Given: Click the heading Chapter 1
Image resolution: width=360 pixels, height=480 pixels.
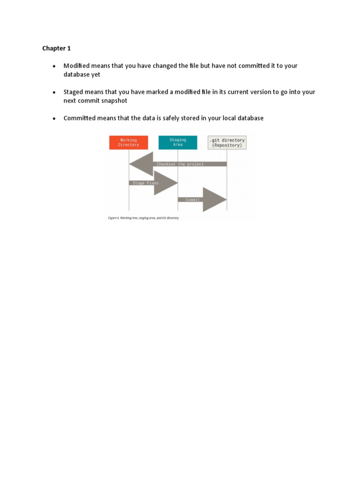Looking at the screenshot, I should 56,48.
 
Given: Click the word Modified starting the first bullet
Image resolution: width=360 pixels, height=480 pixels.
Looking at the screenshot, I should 76,66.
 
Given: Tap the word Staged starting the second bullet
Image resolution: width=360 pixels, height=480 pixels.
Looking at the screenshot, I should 74,92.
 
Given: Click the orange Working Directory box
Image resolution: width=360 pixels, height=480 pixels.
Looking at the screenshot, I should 128,142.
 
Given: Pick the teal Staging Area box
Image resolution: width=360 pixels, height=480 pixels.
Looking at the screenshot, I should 178,142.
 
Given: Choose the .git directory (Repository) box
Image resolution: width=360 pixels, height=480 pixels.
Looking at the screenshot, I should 227,142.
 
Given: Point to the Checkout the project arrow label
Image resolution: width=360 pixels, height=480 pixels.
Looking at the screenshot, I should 180,164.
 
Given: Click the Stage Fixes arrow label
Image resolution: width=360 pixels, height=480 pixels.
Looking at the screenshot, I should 145,183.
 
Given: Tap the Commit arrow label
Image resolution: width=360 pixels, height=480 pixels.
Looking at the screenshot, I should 192,200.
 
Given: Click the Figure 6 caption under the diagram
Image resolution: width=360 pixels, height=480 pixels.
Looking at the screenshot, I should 143,218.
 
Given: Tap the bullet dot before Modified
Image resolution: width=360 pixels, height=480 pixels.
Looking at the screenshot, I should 54,66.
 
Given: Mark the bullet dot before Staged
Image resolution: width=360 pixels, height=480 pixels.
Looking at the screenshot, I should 54,92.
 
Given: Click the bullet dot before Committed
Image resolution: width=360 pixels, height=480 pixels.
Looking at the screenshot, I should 54,119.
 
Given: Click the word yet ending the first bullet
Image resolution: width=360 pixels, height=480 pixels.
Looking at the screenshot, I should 96,75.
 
